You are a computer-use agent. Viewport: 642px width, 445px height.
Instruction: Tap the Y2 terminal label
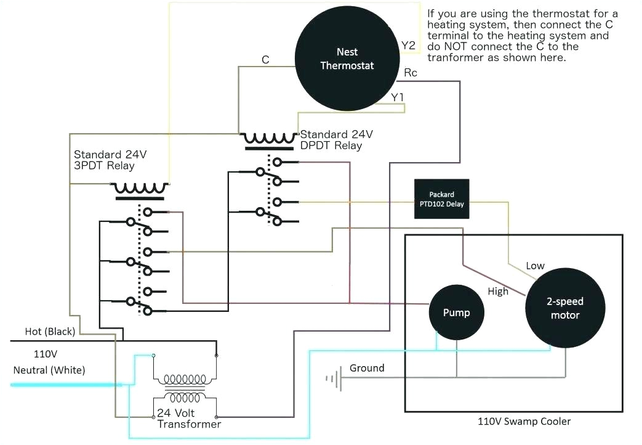pos(408,45)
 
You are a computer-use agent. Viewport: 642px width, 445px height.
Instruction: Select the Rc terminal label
pos(411,73)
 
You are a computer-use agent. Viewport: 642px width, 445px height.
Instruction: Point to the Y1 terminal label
pos(398,97)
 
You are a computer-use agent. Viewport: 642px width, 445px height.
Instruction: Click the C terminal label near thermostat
pos(265,60)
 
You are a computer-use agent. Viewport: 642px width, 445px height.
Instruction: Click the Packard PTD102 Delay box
pos(441,199)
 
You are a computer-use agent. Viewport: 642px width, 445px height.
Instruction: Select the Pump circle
pos(456,312)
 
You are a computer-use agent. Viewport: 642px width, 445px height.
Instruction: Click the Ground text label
pos(367,368)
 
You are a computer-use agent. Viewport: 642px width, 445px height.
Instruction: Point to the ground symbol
pos(333,378)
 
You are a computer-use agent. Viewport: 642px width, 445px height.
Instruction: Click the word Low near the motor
pos(535,266)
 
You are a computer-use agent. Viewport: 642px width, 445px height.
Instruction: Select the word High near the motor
pos(498,291)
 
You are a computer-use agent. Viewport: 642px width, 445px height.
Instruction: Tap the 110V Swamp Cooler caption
pos(524,422)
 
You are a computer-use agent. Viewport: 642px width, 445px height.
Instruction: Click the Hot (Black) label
pos(50,332)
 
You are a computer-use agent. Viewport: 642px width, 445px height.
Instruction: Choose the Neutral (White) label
pos(49,370)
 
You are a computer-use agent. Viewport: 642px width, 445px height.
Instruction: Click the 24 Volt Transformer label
pos(189,418)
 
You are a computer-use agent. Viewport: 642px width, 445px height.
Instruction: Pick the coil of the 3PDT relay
pos(139,189)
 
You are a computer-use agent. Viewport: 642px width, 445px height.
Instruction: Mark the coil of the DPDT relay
pos(270,138)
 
